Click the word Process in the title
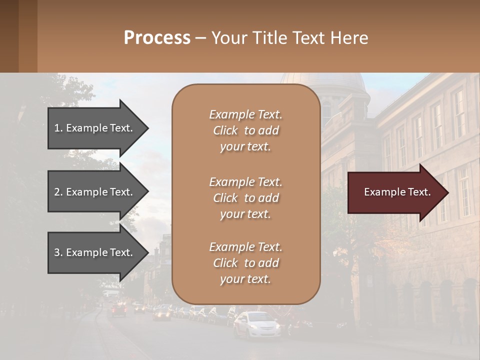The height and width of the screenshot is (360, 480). click(157, 38)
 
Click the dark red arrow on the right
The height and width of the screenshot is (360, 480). click(395, 192)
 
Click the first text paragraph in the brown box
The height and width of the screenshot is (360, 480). click(245, 130)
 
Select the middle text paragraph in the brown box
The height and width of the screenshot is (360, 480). click(245, 198)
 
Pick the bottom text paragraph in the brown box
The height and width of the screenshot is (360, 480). click(245, 263)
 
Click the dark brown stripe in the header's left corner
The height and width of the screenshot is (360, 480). click(9, 36)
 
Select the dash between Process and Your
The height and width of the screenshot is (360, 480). click(200, 38)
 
